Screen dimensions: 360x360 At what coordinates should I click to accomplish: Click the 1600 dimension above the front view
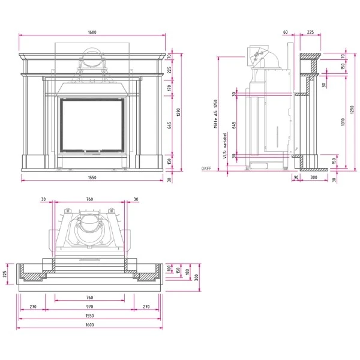pos(92,33)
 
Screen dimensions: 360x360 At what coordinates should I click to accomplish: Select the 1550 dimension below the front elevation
pos(92,177)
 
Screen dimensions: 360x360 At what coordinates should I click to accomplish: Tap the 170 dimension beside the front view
pos(170,88)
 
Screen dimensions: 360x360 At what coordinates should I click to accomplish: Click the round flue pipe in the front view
pos(92,58)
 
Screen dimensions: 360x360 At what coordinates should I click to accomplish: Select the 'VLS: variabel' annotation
pos(224,146)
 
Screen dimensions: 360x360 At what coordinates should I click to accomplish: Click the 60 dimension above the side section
pos(286,33)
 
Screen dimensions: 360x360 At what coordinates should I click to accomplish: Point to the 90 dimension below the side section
pos(296,178)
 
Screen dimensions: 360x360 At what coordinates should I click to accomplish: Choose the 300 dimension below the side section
pos(313,178)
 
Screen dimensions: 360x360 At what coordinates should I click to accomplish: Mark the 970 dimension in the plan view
pos(89,307)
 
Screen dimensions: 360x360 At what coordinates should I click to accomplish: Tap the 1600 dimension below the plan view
pos(89,325)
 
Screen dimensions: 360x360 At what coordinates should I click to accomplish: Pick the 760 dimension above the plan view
pos(89,199)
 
